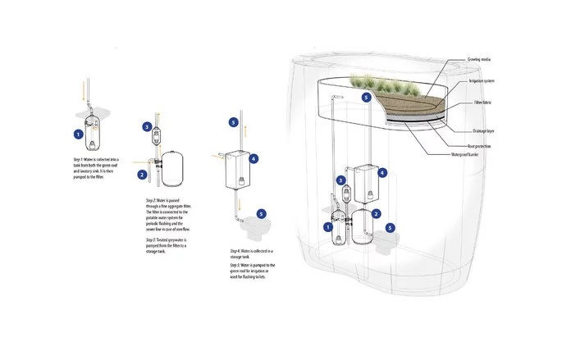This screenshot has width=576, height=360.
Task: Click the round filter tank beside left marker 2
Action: tap(175, 166)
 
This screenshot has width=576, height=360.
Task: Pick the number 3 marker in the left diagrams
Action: tap(146, 127)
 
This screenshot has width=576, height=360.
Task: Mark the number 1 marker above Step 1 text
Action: tap(78, 134)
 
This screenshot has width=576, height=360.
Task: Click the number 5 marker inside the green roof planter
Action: tap(366, 97)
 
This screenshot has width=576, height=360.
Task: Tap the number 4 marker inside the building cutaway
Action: tap(382, 173)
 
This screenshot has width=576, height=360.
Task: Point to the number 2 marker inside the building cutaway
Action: tap(376, 214)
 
